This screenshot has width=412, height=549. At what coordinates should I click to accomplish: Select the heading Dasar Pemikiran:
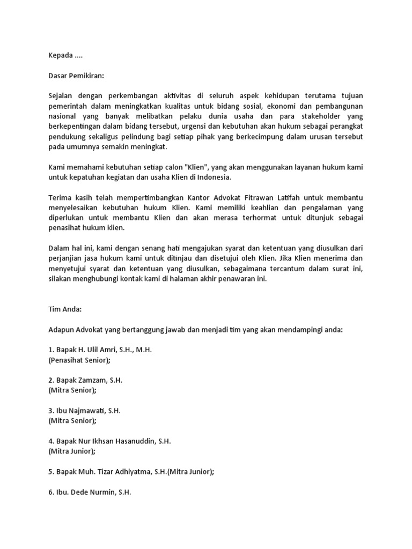[76, 76]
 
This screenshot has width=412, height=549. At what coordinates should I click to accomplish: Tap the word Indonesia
[215, 177]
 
